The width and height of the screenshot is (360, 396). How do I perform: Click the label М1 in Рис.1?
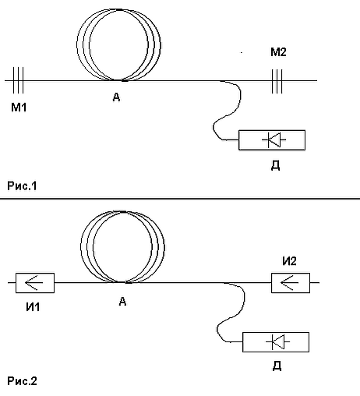pyautogui.click(x=19, y=107)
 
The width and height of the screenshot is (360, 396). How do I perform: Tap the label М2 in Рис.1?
pyautogui.click(x=278, y=52)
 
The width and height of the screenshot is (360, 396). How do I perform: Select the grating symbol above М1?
pyautogui.click(x=18, y=80)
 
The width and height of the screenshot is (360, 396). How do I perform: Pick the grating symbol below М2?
pyautogui.click(x=277, y=81)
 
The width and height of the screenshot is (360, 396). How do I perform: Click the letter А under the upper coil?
pyautogui.click(x=116, y=97)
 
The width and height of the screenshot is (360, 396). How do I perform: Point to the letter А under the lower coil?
pyautogui.click(x=122, y=302)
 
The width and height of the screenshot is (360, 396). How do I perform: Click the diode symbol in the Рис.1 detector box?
pyautogui.click(x=274, y=140)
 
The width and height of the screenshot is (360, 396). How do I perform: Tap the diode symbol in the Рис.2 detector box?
pyautogui.click(x=277, y=342)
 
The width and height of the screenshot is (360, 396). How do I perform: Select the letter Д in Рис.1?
pyautogui.click(x=276, y=165)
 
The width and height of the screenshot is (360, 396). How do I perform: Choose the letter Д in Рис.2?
pyautogui.click(x=277, y=366)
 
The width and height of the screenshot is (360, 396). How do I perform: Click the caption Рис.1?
pyautogui.click(x=22, y=186)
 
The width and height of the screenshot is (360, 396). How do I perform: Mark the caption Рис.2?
pyautogui.click(x=22, y=381)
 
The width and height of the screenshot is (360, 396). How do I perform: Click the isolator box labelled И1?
pyautogui.click(x=35, y=283)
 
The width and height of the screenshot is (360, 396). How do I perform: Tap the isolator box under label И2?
pyautogui.click(x=291, y=283)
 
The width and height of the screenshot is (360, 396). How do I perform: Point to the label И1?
pyautogui.click(x=33, y=307)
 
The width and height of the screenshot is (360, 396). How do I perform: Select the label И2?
pyautogui.click(x=289, y=261)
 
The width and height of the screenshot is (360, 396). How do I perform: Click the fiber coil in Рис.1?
pyautogui.click(x=77, y=44)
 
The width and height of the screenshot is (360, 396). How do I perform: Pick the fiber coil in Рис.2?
pyautogui.click(x=81, y=247)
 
